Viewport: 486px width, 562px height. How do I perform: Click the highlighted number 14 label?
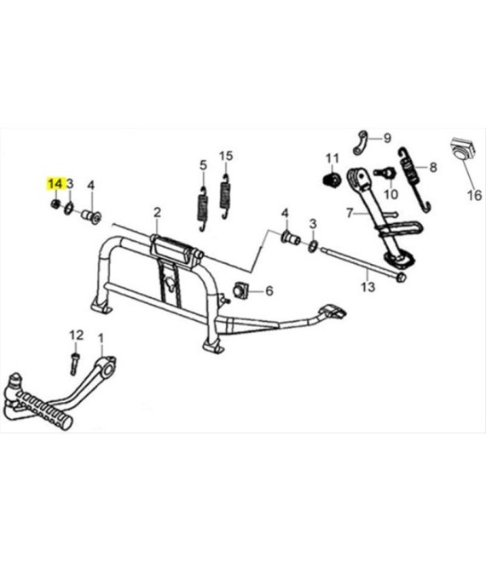55,184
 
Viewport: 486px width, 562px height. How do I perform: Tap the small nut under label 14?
55,204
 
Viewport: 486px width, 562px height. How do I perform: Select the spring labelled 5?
203,209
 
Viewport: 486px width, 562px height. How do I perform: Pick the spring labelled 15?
225,196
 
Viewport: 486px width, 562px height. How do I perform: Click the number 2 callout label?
157,213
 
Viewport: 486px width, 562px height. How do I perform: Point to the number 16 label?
474,195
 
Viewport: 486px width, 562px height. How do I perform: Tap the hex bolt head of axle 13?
401,277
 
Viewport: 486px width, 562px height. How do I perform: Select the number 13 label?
367,287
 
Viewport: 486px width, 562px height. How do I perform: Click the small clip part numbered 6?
241,290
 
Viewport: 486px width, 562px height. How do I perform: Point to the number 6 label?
269,290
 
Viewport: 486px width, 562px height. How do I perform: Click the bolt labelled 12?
74,364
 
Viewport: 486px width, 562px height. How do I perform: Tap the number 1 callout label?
101,338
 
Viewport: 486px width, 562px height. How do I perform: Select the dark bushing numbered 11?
332,179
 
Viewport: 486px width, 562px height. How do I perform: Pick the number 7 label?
350,213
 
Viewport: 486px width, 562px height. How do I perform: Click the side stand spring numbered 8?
414,179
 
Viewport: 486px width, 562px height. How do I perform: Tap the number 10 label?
391,194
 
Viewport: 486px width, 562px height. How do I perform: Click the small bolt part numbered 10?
385,172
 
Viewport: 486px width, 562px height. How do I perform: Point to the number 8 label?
433,167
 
